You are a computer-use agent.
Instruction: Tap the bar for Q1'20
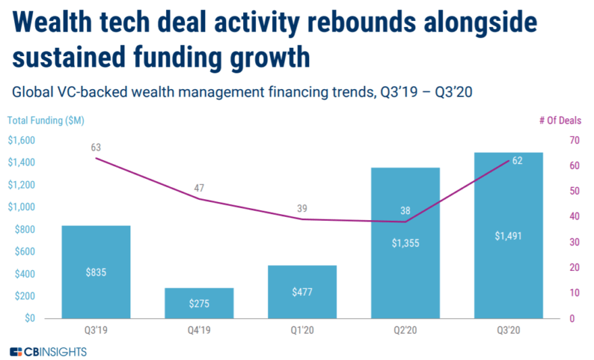pos(302,291)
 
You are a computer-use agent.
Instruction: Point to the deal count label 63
pos(95,147)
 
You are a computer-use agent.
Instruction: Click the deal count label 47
pos(198,188)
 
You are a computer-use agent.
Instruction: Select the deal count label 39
pos(302,208)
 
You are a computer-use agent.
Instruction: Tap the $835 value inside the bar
pos(95,273)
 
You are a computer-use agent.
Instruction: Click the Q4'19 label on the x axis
pos(198,330)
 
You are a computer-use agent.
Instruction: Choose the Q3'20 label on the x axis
pos(508,330)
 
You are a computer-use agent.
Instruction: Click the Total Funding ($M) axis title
pos(46,120)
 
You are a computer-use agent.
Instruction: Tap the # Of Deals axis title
pos(560,120)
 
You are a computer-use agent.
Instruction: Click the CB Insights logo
pos(48,352)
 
